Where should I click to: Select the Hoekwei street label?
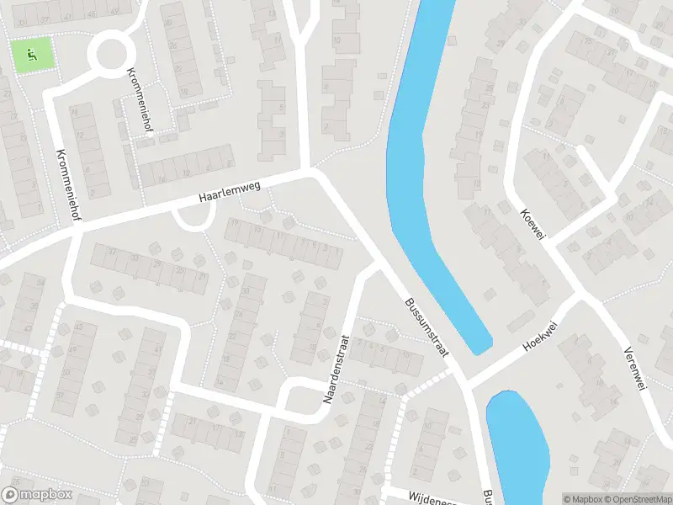541,335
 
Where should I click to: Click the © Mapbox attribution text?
581,499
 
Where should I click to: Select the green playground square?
32,55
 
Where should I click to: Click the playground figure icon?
32,55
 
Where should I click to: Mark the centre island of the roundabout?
112,54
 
